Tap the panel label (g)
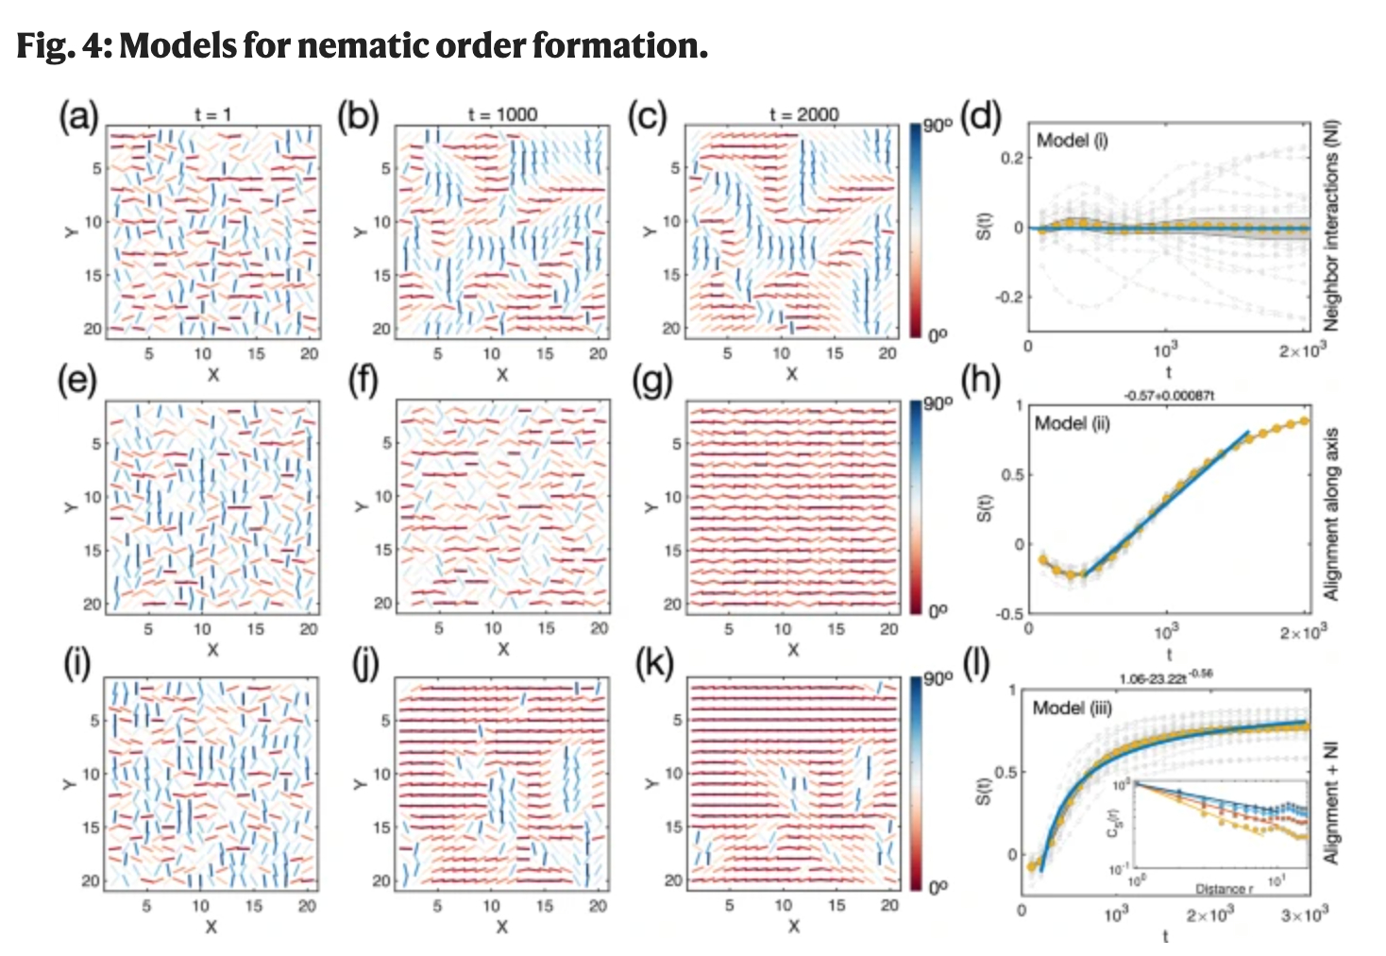click(x=652, y=382)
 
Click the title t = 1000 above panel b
click(x=502, y=114)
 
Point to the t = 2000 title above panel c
click(x=803, y=114)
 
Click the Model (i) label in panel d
click(x=1072, y=141)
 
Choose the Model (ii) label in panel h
click(x=1073, y=423)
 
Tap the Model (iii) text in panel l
click(x=1072, y=708)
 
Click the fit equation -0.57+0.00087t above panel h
click(x=1168, y=396)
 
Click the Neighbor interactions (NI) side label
click(x=1331, y=228)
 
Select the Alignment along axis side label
click(x=1331, y=514)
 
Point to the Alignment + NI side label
click(x=1331, y=803)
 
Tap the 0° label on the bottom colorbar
click(x=937, y=887)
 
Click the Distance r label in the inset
click(x=1225, y=889)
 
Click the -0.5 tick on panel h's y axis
click(x=1010, y=613)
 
